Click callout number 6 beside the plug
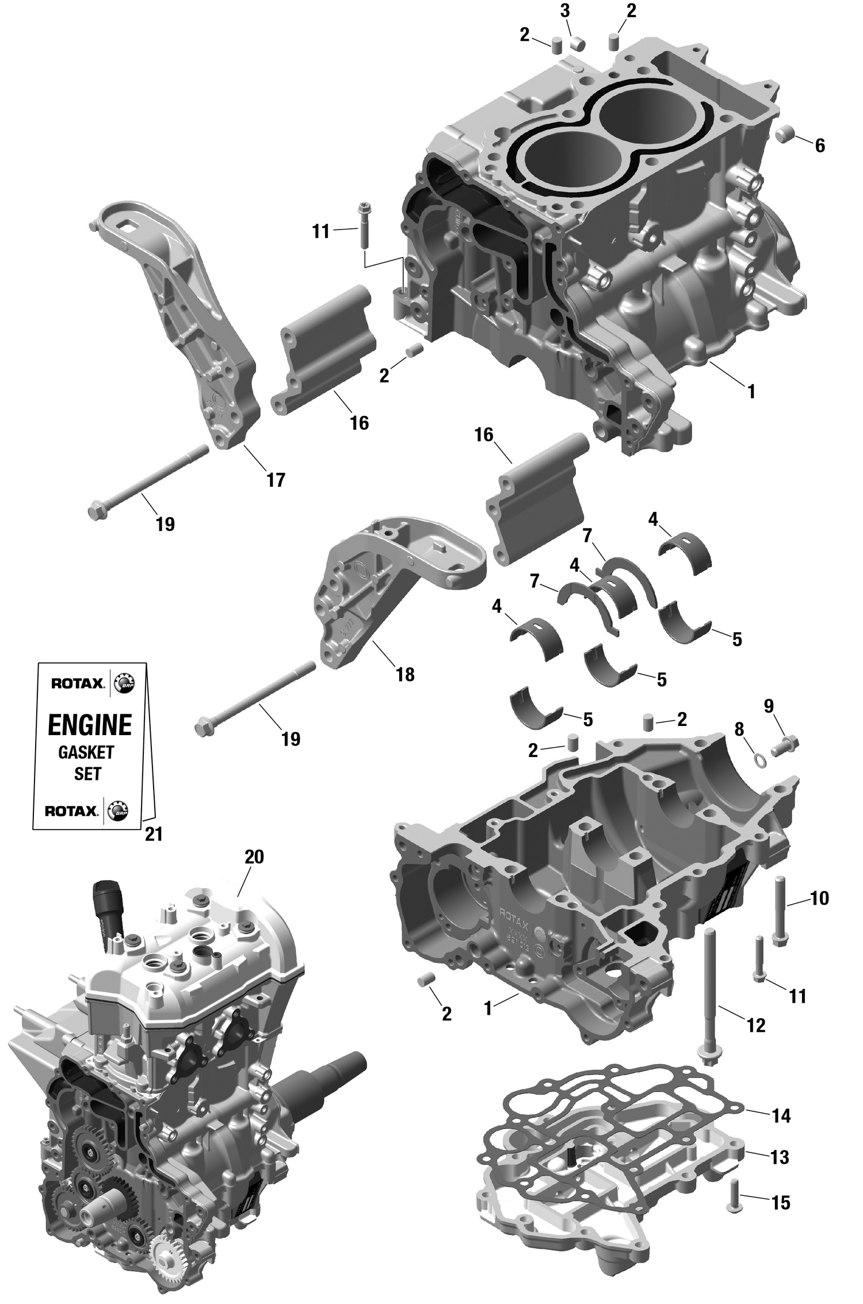[819, 146]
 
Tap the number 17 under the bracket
[276, 479]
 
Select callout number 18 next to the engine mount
[405, 674]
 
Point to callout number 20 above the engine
[254, 856]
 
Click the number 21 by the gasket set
[154, 833]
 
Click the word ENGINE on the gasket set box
[90, 725]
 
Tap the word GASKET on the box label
[86, 752]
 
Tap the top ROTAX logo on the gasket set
[78, 683]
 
